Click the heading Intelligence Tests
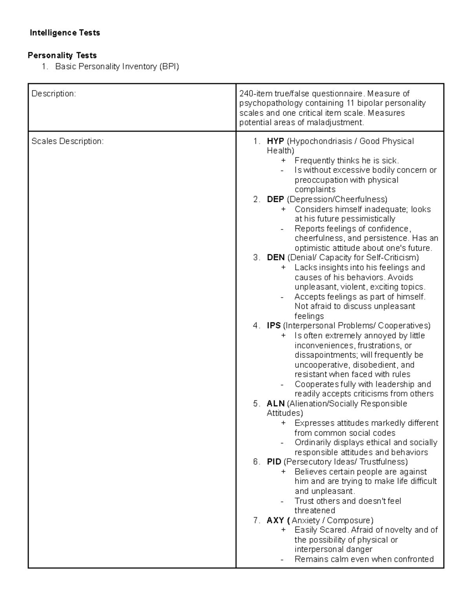click(65, 33)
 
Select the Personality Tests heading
click(62, 55)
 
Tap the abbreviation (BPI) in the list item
click(169, 67)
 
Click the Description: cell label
click(53, 94)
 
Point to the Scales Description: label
click(68, 142)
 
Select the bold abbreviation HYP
click(275, 141)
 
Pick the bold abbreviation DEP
click(275, 199)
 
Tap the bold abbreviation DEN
click(276, 258)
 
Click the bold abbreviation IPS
click(274, 326)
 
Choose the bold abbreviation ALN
click(276, 404)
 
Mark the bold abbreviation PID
click(274, 462)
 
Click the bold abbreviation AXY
click(275, 520)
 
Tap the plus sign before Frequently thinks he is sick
click(283, 161)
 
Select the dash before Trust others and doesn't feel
click(282, 501)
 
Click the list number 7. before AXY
click(256, 520)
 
